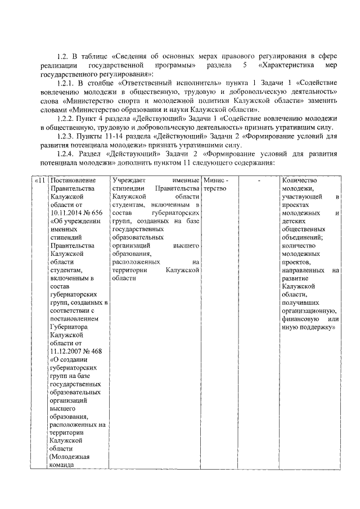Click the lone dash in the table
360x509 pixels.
(x=259, y=180)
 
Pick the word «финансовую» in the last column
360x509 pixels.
(x=303, y=319)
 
